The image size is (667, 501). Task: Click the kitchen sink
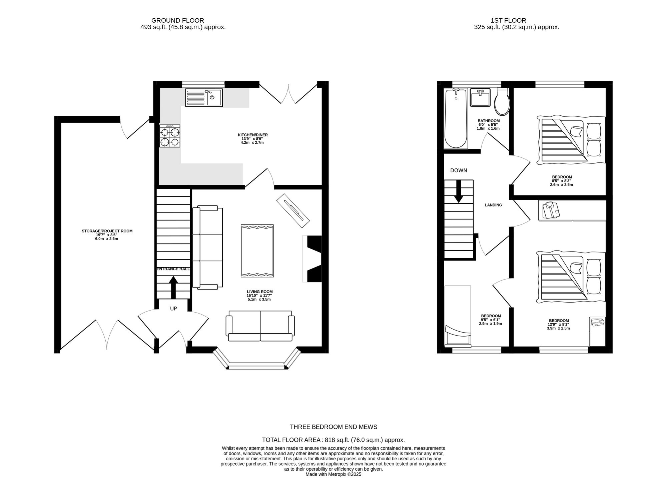click(x=204, y=97)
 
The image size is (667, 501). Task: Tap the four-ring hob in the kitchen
click(x=170, y=136)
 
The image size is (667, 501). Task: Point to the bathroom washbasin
click(x=480, y=97)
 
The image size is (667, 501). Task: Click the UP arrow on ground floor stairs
click(x=173, y=287)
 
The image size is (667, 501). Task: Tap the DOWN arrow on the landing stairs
click(x=459, y=191)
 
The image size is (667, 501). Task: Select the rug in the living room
click(x=257, y=251)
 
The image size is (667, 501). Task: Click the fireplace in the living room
click(x=313, y=259)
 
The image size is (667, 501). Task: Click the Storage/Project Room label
click(x=107, y=231)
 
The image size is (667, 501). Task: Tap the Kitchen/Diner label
click(x=252, y=135)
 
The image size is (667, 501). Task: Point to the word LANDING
click(x=493, y=205)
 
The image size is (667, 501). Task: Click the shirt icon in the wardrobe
click(x=551, y=210)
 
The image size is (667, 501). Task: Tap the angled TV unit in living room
click(x=293, y=210)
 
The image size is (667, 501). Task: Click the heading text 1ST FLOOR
click(x=508, y=21)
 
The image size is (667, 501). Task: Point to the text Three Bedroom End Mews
click(x=333, y=427)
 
